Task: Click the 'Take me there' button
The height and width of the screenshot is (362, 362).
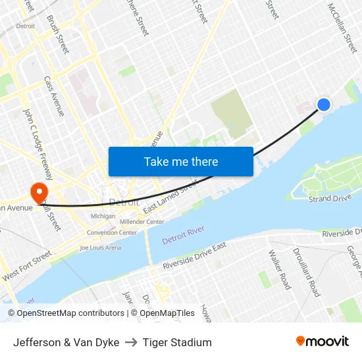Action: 181,161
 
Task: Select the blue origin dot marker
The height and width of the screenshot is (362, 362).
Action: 324,104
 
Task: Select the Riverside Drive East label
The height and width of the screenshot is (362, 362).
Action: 195,256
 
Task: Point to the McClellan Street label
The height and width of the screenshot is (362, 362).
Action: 342,27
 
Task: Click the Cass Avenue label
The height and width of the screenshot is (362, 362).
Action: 53,96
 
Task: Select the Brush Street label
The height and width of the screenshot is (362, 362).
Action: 58,34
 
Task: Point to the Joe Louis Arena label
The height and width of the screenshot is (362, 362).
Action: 100,248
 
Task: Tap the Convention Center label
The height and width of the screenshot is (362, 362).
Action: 112,232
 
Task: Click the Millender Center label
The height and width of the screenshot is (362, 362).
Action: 142,222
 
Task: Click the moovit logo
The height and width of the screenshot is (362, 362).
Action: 323,342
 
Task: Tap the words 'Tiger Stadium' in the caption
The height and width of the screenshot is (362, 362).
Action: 177,342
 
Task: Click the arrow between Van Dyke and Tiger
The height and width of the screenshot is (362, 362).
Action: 131,342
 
